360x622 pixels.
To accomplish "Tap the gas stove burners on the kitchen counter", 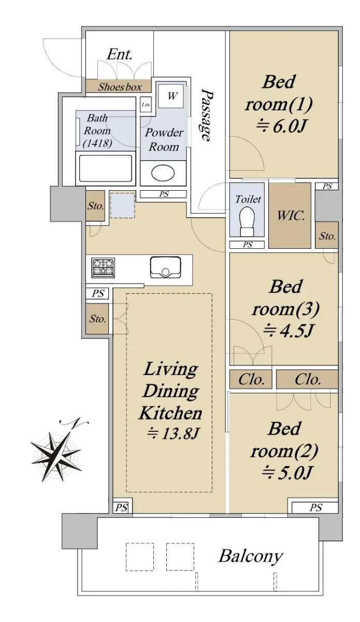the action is click(x=103, y=267).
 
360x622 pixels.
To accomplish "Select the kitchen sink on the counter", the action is click(x=165, y=267).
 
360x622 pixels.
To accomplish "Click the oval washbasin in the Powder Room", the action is click(x=163, y=173).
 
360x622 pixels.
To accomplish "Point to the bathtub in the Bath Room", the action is click(x=106, y=168).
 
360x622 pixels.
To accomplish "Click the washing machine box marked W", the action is click(x=171, y=96).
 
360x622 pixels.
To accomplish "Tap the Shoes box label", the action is click(x=120, y=87).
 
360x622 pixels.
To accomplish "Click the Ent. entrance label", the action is click(x=119, y=54).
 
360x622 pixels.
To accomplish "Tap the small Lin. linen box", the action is click(x=146, y=104).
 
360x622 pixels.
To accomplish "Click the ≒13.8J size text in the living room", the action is click(x=172, y=433).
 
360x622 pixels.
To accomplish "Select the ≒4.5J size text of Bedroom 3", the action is click(x=288, y=330).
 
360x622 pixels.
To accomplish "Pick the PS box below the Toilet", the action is click(x=247, y=245).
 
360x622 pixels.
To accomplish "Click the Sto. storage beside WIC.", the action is click(x=327, y=235).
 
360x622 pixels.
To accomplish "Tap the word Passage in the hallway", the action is click(x=207, y=115).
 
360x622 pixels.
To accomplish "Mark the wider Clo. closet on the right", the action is click(x=307, y=379).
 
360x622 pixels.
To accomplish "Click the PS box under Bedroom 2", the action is click(x=315, y=508).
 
